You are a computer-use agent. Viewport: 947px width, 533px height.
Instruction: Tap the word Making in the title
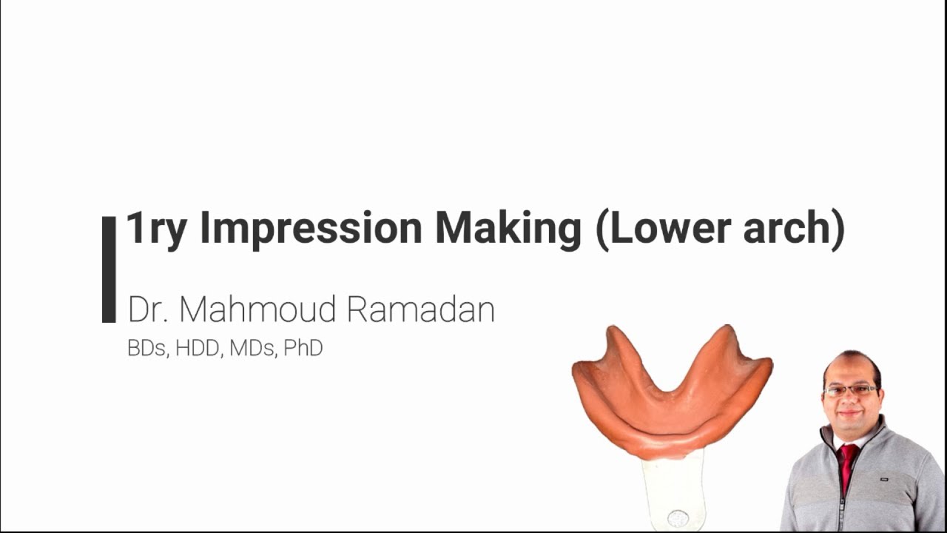[508, 228]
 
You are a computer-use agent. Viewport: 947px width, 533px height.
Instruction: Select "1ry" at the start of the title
[156, 228]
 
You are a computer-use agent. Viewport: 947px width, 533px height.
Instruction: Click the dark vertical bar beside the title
[109, 269]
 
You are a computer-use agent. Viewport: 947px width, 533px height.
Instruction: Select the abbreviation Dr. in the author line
[148, 309]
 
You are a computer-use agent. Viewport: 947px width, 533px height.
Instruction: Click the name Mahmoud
[258, 309]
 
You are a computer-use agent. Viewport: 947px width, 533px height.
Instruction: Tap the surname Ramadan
[420, 309]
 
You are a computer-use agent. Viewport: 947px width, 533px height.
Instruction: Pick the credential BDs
[146, 349]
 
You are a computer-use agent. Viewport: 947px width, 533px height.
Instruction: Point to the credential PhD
[303, 349]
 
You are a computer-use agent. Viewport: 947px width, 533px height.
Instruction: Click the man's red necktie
[846, 466]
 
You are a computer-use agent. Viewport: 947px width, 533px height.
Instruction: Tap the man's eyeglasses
[852, 390]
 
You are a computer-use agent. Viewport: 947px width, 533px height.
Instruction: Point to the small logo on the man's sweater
[883, 479]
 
